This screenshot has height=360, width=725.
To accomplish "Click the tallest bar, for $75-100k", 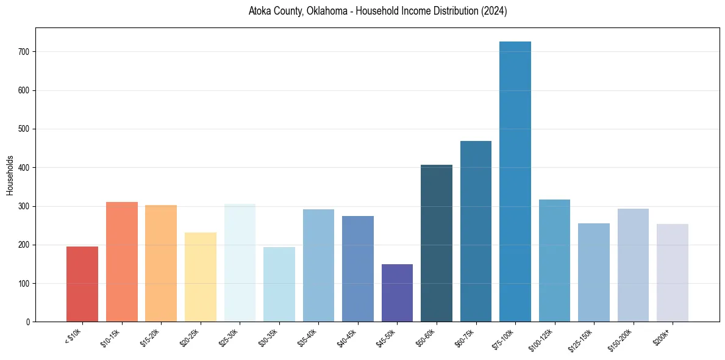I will [x=515, y=183].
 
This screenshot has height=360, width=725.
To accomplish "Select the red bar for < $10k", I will [x=82, y=284].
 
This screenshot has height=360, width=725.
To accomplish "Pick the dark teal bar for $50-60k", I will [x=436, y=244].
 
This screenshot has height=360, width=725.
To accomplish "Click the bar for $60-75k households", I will [x=476, y=232].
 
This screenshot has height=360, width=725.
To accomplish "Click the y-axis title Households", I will [x=10, y=175].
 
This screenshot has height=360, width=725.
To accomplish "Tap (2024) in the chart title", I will [x=495, y=12].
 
